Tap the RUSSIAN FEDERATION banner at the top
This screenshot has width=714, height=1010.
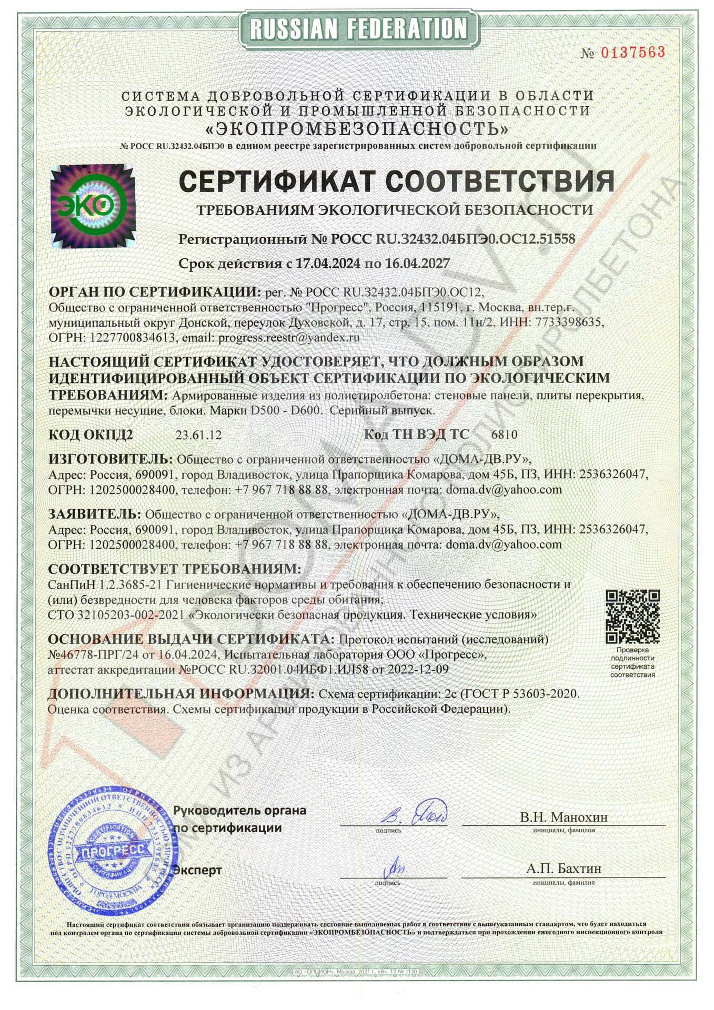click(358, 28)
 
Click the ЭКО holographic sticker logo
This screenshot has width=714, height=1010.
click(93, 206)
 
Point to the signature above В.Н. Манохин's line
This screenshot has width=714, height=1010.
click(416, 814)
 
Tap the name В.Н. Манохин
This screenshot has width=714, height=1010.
click(564, 817)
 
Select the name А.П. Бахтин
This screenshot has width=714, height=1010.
click(564, 868)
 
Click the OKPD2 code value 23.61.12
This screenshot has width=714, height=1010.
click(198, 435)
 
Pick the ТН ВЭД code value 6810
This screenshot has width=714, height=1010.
click(504, 435)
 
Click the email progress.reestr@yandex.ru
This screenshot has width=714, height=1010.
click(289, 338)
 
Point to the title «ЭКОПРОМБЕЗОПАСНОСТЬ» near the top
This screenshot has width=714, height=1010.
click(358, 128)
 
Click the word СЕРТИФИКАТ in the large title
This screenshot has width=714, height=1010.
click(278, 182)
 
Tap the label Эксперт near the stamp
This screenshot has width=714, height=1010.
click(198, 870)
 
